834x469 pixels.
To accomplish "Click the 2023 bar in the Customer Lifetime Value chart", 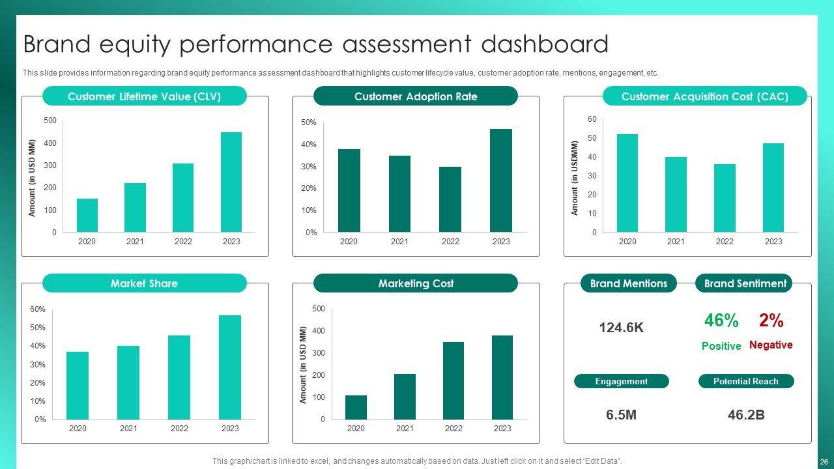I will [231, 182].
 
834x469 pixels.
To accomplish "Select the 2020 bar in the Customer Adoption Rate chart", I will [349, 190].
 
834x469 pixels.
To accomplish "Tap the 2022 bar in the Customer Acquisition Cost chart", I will [725, 198].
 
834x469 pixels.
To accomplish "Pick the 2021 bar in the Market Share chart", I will [128, 382].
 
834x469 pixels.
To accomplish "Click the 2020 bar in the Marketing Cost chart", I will [356, 407].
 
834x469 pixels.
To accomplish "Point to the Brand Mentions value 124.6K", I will [621, 328].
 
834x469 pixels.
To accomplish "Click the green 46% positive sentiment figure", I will [721, 320].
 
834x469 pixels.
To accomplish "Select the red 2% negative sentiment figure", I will [771, 320].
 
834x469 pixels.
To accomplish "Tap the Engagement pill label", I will [621, 381].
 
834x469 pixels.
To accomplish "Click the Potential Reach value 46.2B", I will [746, 415].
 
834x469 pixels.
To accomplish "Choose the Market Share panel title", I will [144, 283].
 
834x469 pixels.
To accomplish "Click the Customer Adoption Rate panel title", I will [416, 96].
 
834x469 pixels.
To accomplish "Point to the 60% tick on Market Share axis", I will [38, 309].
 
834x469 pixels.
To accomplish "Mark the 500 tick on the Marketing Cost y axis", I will [318, 309].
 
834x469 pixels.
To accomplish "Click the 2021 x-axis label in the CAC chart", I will [676, 242].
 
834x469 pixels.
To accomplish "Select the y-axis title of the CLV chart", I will [32, 177].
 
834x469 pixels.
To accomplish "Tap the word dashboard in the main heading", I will [545, 44].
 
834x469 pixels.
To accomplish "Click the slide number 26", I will [824, 461].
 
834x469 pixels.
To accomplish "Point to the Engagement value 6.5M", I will [621, 415].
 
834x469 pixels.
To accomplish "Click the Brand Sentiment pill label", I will [745, 283].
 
